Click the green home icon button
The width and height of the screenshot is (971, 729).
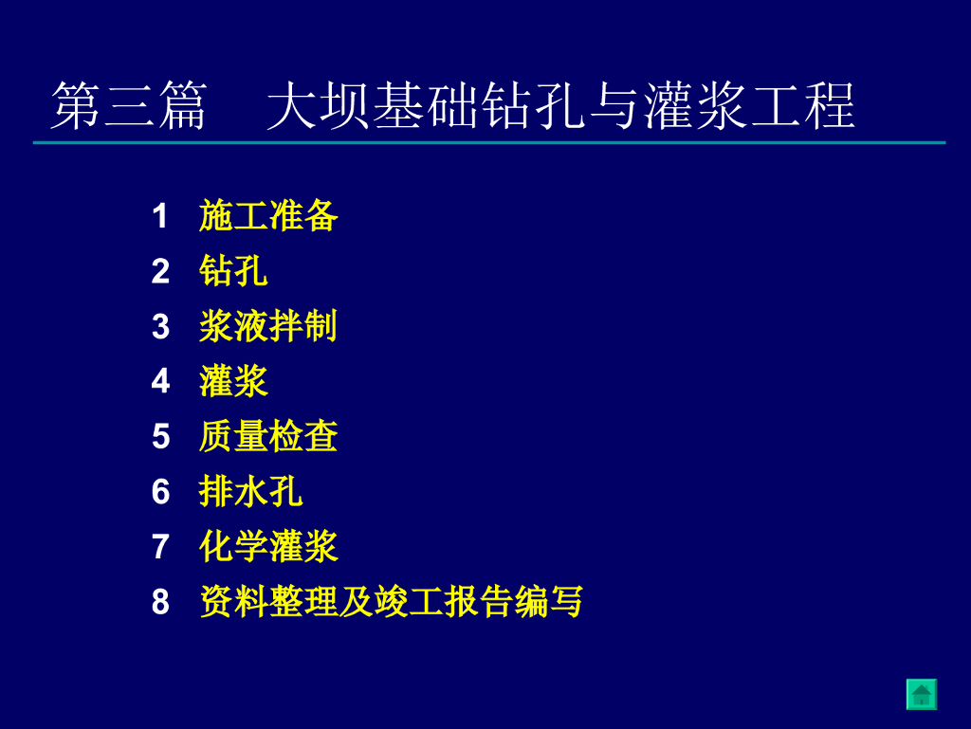point(922,694)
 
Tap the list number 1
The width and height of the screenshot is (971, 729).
point(159,216)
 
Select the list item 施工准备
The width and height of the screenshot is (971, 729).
point(268,216)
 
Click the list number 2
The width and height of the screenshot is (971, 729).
point(160,271)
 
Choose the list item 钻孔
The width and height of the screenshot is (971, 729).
point(233,271)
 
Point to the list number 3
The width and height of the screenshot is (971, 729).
point(160,326)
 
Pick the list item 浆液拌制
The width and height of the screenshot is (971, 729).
point(268,326)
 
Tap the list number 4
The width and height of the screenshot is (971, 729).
point(160,381)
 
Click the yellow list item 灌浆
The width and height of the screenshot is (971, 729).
point(233,381)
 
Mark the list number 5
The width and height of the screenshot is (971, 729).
point(160,436)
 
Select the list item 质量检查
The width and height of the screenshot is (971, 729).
point(268,436)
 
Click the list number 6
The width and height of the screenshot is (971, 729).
point(160,491)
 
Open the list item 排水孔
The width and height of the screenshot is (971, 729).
point(250,491)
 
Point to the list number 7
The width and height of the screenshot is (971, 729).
point(160,546)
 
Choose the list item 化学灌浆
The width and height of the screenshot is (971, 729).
point(268,546)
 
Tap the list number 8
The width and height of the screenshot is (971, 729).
point(160,602)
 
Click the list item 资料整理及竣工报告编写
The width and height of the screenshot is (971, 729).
point(391,602)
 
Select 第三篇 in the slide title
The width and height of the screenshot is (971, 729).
point(129,106)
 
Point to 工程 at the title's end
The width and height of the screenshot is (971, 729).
point(802,106)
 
